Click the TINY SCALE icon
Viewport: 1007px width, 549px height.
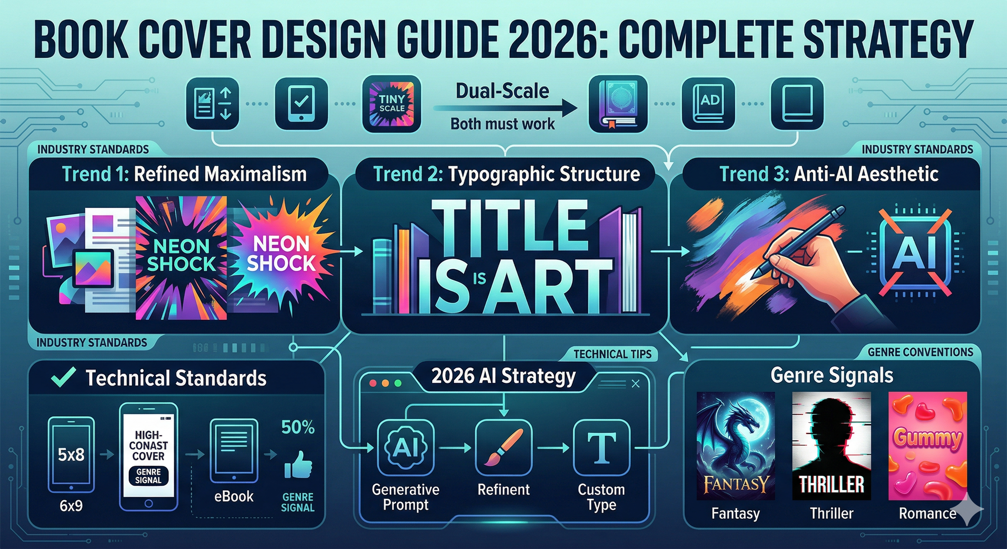tap(391, 104)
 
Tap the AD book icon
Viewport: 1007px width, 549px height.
tap(708, 103)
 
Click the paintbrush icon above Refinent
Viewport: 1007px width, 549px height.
tap(503, 447)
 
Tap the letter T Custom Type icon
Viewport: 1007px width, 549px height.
tap(601, 447)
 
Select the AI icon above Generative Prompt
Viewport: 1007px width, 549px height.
tap(406, 447)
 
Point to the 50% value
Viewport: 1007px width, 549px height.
tap(298, 427)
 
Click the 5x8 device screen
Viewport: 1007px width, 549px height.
tap(71, 454)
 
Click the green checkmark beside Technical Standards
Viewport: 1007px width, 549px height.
tap(63, 377)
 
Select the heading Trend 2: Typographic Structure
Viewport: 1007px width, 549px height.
tap(506, 174)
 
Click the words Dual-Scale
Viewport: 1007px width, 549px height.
tap(502, 91)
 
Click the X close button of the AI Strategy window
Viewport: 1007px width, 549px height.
tap(635, 384)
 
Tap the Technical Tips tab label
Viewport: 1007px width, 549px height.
tap(612, 354)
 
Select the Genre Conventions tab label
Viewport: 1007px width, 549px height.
tap(920, 352)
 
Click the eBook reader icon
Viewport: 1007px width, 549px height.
tap(234, 451)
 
